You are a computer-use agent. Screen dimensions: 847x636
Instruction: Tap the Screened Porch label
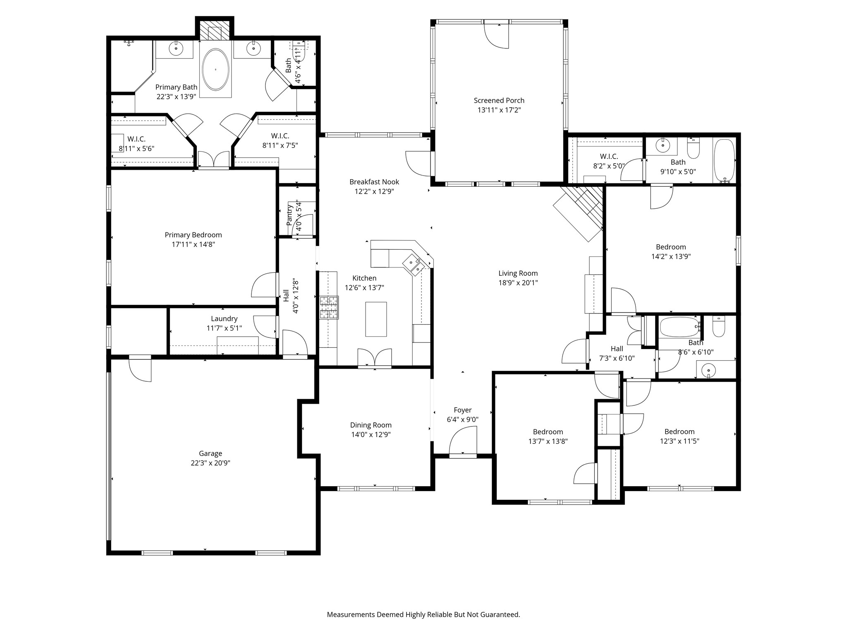click(x=499, y=100)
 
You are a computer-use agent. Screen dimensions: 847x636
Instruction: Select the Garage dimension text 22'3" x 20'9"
click(x=211, y=463)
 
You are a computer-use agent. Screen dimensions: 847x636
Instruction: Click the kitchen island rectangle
click(x=376, y=319)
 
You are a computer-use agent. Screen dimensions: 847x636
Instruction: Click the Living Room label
click(x=518, y=273)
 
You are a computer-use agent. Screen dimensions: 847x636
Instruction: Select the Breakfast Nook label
click(x=374, y=182)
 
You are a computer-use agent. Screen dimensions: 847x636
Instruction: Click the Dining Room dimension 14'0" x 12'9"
click(x=371, y=434)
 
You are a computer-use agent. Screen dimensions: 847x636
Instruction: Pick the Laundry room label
click(x=224, y=318)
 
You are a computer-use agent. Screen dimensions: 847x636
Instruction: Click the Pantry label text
click(x=290, y=215)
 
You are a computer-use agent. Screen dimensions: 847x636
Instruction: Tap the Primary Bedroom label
click(x=193, y=235)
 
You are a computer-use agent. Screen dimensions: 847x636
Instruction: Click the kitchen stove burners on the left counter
click(x=329, y=308)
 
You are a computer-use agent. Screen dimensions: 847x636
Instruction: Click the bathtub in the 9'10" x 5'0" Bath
click(x=724, y=161)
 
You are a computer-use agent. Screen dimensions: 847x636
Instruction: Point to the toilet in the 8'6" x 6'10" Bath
click(x=719, y=327)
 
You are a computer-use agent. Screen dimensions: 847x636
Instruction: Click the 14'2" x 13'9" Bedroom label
click(x=671, y=247)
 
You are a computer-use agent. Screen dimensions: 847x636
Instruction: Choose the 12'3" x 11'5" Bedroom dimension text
click(x=679, y=441)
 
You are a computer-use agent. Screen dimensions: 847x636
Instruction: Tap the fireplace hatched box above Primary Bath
click(x=215, y=31)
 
